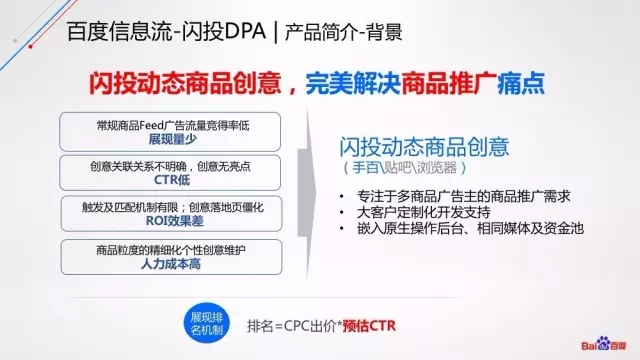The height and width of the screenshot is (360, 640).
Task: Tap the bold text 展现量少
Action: click(x=168, y=138)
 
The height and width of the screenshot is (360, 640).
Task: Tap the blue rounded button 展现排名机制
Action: click(x=207, y=323)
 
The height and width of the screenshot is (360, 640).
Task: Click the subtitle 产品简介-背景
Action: click(x=344, y=34)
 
